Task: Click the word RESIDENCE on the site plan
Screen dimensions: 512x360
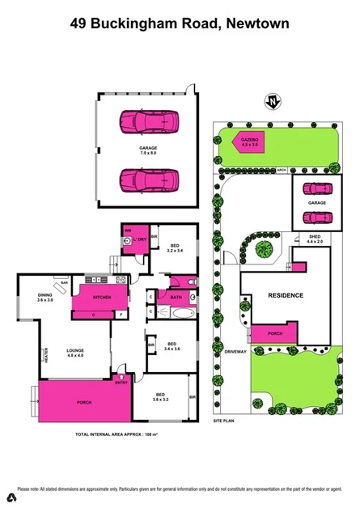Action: coord(286,295)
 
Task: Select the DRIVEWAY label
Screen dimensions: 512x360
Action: coord(236,353)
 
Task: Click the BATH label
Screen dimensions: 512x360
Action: coord(175,297)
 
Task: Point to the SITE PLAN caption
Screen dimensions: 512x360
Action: coord(223,421)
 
